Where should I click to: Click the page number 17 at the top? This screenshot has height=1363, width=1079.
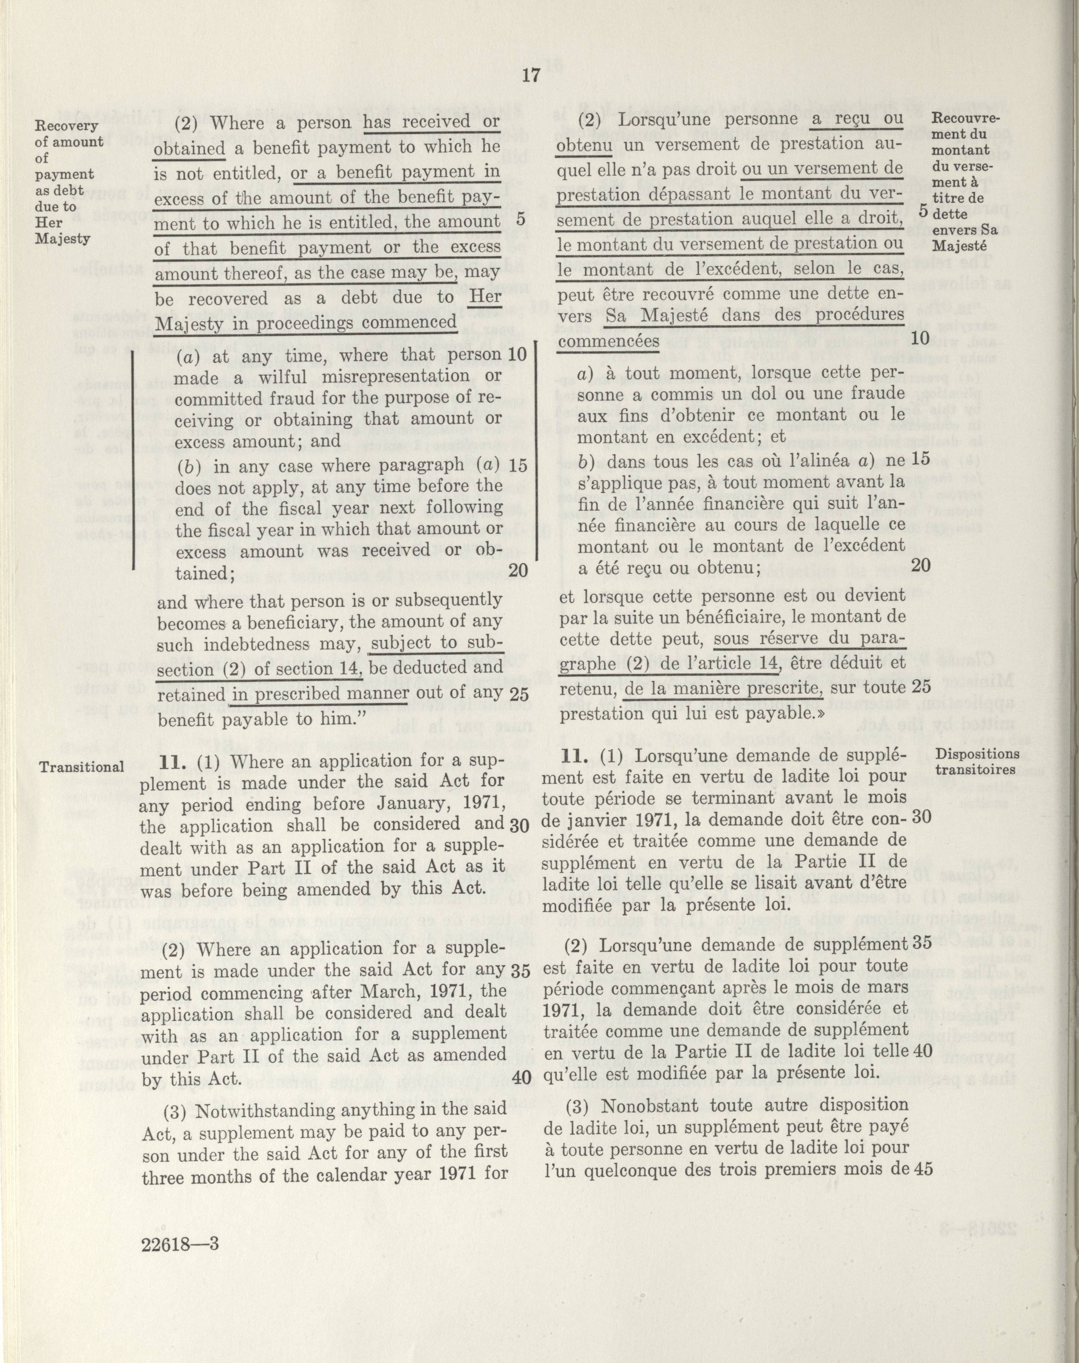click(531, 76)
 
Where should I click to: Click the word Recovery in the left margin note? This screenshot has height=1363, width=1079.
click(66, 125)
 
